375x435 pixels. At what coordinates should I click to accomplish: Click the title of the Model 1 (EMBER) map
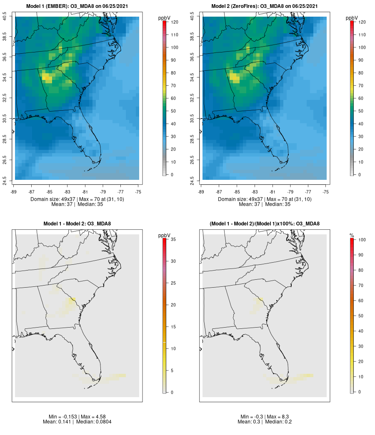77,6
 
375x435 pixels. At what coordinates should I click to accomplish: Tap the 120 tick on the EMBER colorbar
172,22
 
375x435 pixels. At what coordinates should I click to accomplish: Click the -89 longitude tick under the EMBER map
14,192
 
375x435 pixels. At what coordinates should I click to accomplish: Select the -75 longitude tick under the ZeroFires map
326,192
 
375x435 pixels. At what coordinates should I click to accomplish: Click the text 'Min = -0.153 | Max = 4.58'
77,417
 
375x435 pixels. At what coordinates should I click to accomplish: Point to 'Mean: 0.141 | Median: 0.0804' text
77,422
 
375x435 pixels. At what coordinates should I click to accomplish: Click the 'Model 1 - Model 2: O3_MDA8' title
77,224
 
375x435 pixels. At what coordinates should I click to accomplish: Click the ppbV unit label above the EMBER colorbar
165,18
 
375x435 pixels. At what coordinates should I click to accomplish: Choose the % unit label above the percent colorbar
352,236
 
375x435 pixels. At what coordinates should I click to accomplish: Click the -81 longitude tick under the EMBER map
85,192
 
